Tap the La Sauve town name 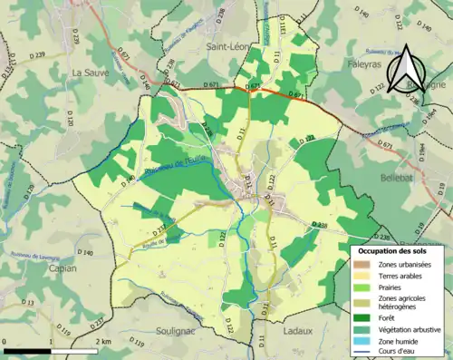tap(91, 71)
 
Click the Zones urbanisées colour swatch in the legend tap(362, 263)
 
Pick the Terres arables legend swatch tap(362, 276)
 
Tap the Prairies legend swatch tap(362, 288)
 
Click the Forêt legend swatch tap(362, 318)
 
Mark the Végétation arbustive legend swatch tap(362, 330)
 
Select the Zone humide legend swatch tap(362, 342)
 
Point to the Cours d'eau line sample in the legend tap(362, 353)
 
